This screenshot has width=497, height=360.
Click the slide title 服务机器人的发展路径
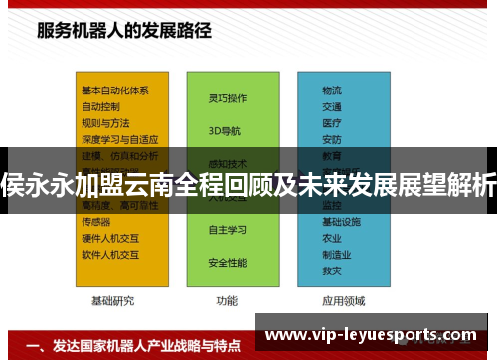[x=124, y=30]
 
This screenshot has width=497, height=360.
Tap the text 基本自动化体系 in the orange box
[x=115, y=90]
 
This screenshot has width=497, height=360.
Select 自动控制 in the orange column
[x=100, y=105]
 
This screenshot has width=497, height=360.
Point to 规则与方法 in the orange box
[x=105, y=122]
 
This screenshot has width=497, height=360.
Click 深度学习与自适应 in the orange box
[x=119, y=139]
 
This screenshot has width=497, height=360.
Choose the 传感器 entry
[x=95, y=222]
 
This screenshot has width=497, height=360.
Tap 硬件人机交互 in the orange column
[x=110, y=239]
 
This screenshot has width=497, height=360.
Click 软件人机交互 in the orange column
[x=110, y=255]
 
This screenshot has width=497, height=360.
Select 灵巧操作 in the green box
[x=227, y=98]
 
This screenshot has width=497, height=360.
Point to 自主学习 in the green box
[x=227, y=230]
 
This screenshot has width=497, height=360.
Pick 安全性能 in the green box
[x=227, y=263]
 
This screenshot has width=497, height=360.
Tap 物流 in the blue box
[x=331, y=90]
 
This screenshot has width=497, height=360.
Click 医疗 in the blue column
[x=331, y=122]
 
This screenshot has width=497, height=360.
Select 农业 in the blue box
[x=331, y=239]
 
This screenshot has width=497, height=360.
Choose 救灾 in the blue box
[x=331, y=270]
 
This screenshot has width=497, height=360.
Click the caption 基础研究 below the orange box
[x=112, y=299]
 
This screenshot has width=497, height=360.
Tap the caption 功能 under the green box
[x=227, y=299]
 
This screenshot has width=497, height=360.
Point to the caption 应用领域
[x=343, y=299]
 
